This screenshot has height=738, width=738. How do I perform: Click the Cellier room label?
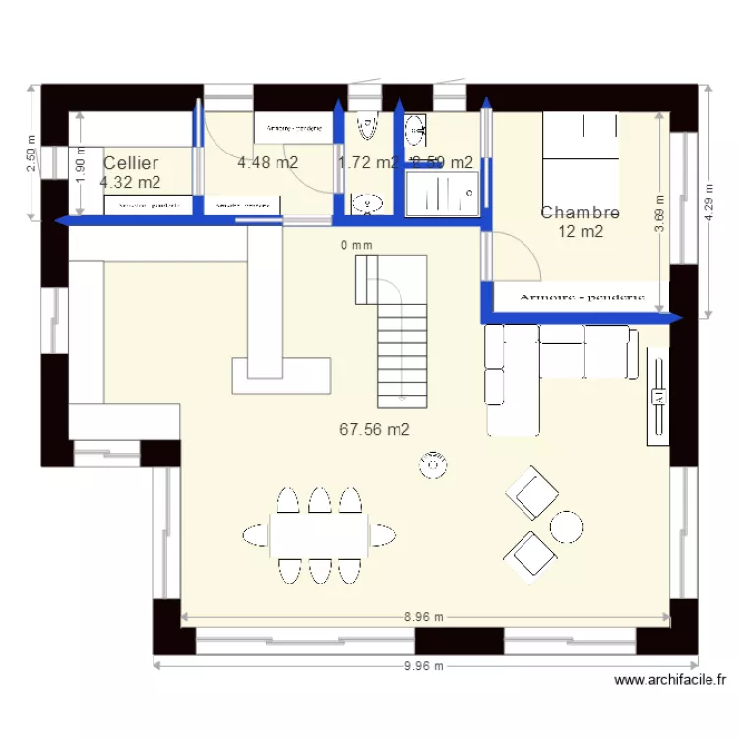point(131,163)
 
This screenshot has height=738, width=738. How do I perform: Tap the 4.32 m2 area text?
point(131,182)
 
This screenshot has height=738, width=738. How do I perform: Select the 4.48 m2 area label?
point(268,163)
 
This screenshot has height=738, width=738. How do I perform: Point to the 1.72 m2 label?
point(367,163)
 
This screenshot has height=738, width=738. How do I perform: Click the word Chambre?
point(581,213)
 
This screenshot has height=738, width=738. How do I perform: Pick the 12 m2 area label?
point(581,232)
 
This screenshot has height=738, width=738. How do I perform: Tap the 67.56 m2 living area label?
point(375,429)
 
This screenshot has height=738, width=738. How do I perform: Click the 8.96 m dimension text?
point(425,617)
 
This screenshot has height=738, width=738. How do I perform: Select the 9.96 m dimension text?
point(425,666)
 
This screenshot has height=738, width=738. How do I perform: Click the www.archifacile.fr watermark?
point(670,679)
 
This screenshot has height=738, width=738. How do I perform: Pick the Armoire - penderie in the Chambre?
point(581,296)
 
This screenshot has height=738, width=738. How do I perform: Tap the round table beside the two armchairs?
point(567,526)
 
